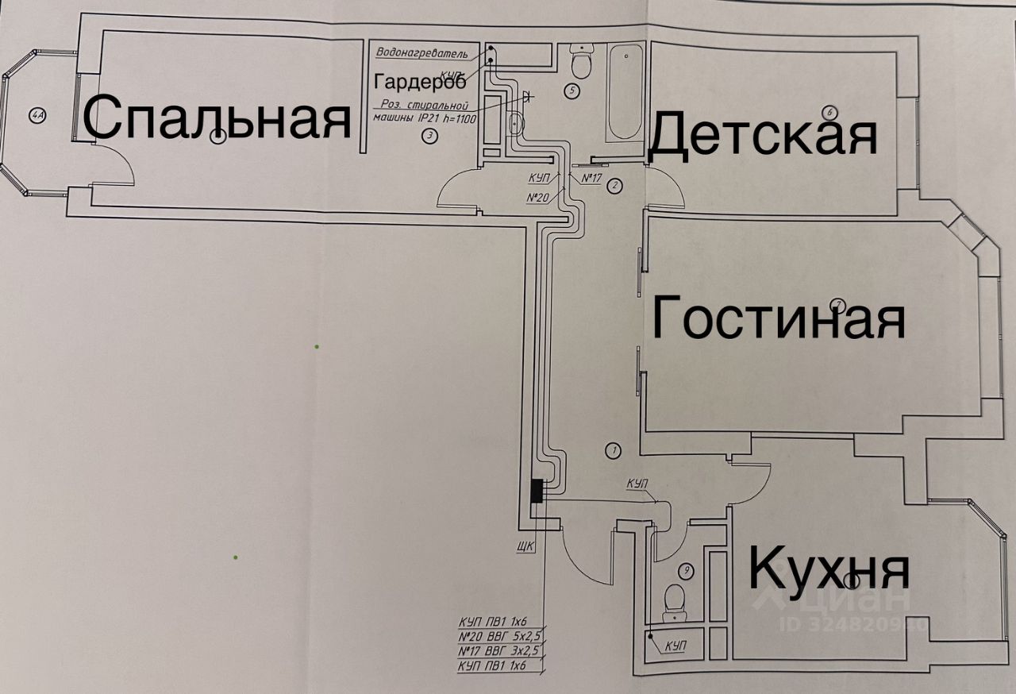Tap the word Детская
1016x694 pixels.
pyautogui.click(x=763, y=135)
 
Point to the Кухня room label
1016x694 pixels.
pyautogui.click(x=829, y=569)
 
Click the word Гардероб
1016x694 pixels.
pyautogui.click(x=420, y=83)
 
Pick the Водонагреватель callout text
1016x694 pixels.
pyautogui.click(x=422, y=54)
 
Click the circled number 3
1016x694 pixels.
pyautogui.click(x=429, y=136)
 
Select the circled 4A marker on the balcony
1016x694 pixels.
pyautogui.click(x=37, y=118)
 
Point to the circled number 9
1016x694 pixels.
pyautogui.click(x=687, y=570)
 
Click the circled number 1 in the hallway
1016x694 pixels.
pyautogui.click(x=612, y=450)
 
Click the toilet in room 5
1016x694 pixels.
pyautogui.click(x=582, y=61)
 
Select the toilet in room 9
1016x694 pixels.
pyautogui.click(x=675, y=600)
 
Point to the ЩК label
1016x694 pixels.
pyautogui.click(x=525, y=546)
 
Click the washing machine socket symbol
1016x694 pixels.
pyautogui.click(x=529, y=96)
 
